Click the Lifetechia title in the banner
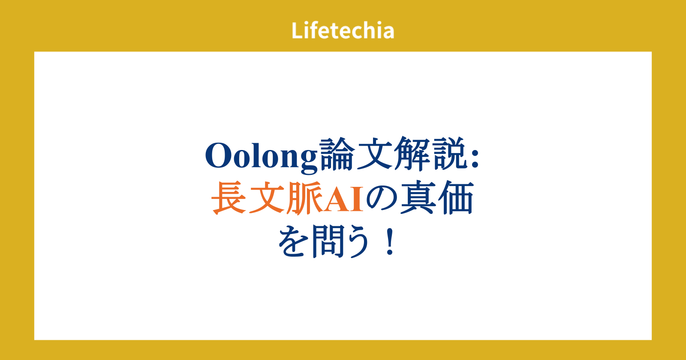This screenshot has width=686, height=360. (x=343, y=30)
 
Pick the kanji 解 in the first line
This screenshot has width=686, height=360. (x=412, y=154)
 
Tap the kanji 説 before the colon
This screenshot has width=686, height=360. (x=449, y=154)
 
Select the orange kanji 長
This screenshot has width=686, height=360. (x=229, y=198)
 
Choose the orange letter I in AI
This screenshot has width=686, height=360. (x=358, y=199)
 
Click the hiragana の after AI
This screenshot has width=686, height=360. (x=382, y=199)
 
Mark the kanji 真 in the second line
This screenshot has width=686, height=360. (x=418, y=198)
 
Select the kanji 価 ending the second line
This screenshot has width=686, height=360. (x=456, y=198)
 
